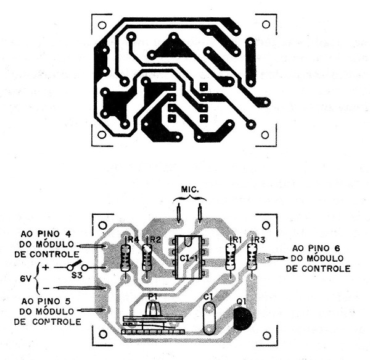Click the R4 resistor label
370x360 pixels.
point(133,240)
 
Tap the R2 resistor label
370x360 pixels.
point(155,240)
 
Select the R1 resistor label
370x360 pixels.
point(237,240)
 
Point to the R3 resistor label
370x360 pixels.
point(260,240)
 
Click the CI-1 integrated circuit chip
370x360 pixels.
point(189,257)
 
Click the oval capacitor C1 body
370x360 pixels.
point(209,319)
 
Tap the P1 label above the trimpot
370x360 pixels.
point(152,296)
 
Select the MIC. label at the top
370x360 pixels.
point(190,189)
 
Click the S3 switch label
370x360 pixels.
point(76,275)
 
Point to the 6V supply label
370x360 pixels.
point(25,279)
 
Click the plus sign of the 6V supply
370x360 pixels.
point(46,267)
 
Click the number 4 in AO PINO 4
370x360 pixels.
point(67,234)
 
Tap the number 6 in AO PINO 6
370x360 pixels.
point(337,248)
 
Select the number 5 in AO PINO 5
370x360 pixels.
point(67,301)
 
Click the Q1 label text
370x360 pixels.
point(242,301)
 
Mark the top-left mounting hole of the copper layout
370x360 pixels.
point(102,25)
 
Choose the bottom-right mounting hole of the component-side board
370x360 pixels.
point(266,335)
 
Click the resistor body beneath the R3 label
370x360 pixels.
point(252,257)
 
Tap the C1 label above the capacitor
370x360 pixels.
point(208,296)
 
